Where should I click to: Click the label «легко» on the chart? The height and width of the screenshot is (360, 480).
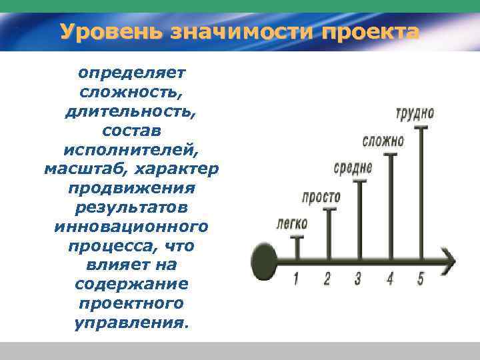291,223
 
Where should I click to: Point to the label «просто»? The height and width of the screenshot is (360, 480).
321,197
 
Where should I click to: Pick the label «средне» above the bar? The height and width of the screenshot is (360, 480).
353,168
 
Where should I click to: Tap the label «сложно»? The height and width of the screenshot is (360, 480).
383,141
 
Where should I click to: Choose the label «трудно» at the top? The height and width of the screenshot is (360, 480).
415,113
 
